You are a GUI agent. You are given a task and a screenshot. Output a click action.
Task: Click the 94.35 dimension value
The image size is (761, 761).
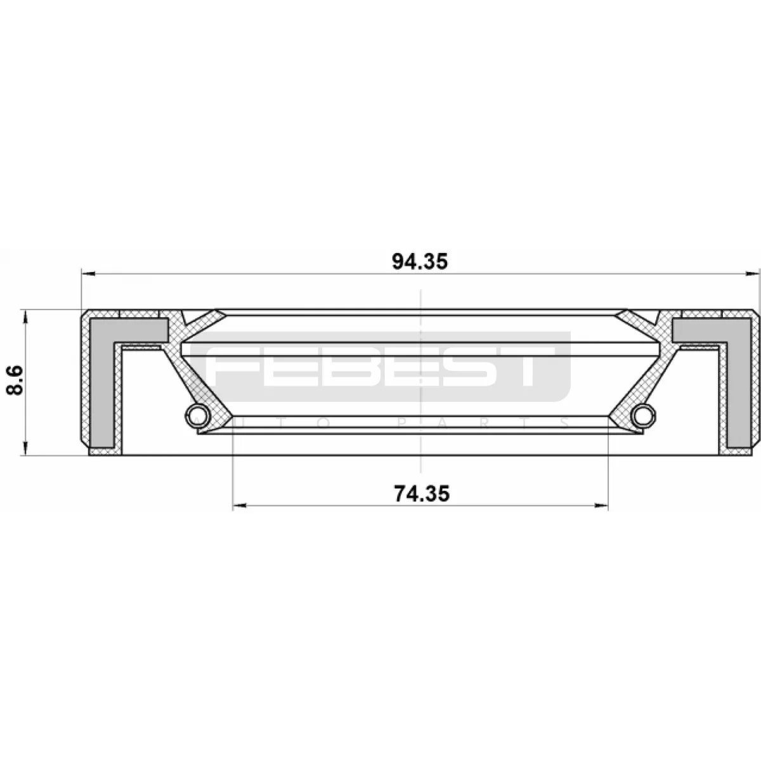point(419,261)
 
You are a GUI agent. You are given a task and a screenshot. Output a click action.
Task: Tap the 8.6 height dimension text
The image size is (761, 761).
point(15,380)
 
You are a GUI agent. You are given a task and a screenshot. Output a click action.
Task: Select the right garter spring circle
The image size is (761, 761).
point(644,415)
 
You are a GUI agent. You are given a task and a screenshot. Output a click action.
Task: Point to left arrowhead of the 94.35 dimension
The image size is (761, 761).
point(88,274)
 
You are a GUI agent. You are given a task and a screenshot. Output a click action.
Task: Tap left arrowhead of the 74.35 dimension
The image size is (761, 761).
point(240,505)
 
